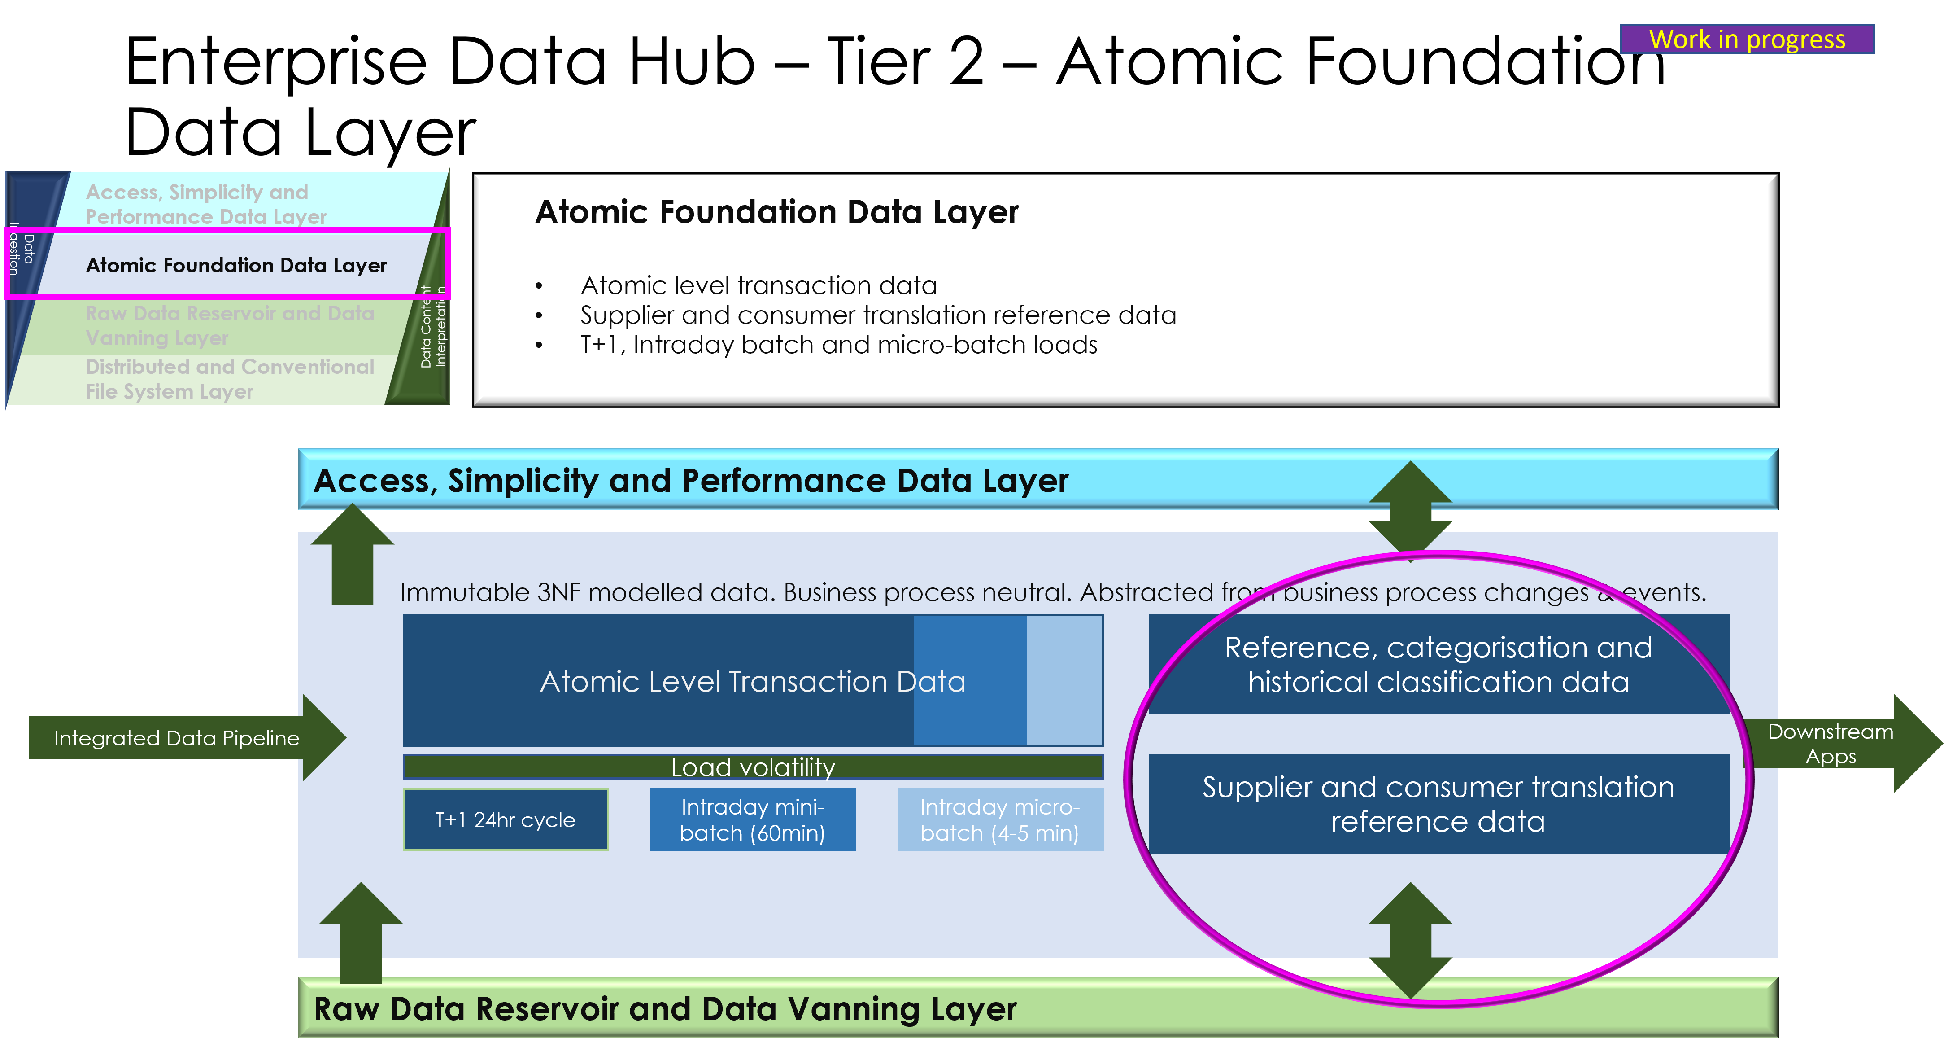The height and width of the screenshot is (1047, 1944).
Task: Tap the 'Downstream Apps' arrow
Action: [x=1834, y=744]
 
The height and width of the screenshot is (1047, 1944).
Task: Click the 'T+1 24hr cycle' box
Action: [x=506, y=820]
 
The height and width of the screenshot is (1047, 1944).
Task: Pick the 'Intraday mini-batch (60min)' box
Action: [x=752, y=820]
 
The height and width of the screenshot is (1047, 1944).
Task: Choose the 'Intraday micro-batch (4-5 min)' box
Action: [x=1000, y=820]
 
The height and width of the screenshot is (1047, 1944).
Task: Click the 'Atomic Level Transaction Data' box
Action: [x=752, y=681]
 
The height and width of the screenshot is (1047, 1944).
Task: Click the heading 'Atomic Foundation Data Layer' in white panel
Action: [x=776, y=212]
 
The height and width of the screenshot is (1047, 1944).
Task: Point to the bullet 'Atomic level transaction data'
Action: [x=758, y=285]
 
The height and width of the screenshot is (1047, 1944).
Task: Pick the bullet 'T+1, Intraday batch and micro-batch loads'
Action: [x=838, y=345]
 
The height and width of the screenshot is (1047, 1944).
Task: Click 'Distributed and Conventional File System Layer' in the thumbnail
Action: [x=229, y=379]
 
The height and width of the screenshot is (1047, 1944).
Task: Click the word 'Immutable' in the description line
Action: [x=465, y=592]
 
